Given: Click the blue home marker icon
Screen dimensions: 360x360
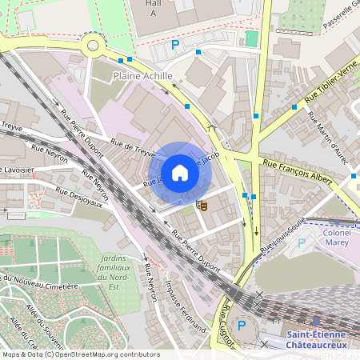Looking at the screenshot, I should [x=179, y=173].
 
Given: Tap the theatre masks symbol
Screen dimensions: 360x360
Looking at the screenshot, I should [x=202, y=205].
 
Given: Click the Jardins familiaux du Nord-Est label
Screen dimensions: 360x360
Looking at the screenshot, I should [x=118, y=267].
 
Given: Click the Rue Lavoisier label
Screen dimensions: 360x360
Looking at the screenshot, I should [x=16, y=170].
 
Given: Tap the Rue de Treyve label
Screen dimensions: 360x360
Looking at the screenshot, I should [x=131, y=147].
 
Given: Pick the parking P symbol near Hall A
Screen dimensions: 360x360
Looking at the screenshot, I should [x=175, y=46].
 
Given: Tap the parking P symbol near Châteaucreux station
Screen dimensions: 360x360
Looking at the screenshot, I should [x=242, y=326].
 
